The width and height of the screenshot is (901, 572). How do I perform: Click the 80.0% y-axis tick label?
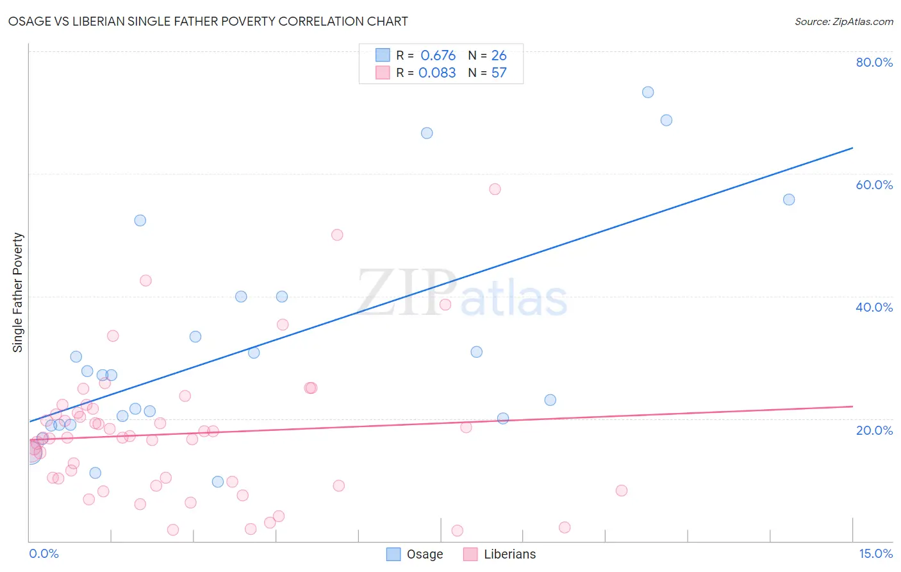[x=874, y=62]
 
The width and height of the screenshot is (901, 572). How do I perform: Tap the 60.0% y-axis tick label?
[x=874, y=185]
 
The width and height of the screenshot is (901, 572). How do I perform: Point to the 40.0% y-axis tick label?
[x=874, y=307]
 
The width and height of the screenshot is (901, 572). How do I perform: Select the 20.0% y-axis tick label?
[x=874, y=430]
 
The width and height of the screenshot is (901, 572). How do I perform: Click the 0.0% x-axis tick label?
[x=44, y=553]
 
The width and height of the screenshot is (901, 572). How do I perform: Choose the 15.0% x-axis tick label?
[x=875, y=553]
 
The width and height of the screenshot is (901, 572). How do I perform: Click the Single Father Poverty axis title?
[x=18, y=292]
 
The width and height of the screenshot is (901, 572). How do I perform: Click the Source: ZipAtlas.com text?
[x=843, y=22]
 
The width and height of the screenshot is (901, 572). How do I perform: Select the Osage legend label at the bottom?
[x=425, y=554]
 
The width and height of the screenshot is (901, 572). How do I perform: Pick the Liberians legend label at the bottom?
[x=509, y=554]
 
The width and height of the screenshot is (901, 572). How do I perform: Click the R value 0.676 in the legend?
[x=438, y=56]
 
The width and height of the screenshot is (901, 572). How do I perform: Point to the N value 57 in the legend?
[x=499, y=73]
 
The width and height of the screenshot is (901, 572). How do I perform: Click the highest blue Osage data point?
[x=648, y=92]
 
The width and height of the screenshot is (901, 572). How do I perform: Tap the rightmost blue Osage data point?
[x=789, y=199]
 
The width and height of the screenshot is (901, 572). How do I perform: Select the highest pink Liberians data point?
[x=495, y=189]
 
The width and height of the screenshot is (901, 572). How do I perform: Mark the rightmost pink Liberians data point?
[x=621, y=491]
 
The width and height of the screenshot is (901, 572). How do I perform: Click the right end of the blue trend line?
[x=852, y=148]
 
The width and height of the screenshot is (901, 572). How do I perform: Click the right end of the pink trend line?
[x=852, y=407]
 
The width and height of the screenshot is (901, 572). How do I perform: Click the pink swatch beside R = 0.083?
[x=383, y=73]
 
